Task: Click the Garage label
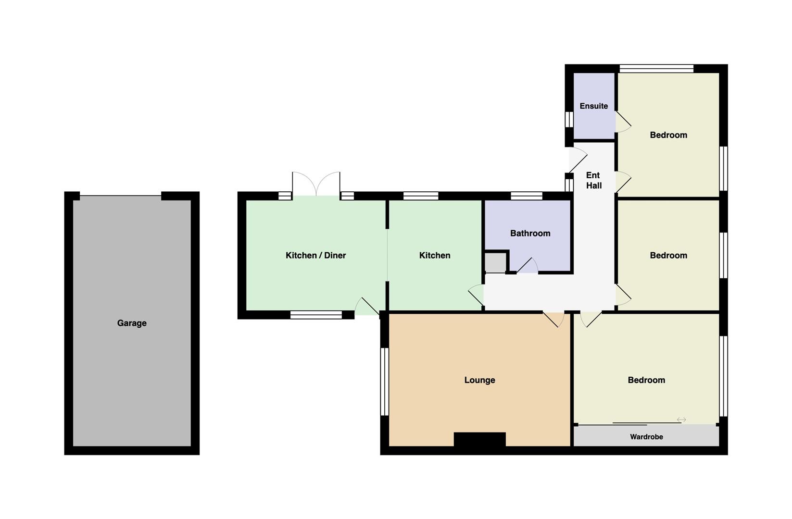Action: tap(132, 323)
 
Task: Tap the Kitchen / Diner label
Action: tap(315, 255)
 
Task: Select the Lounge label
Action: tap(479, 380)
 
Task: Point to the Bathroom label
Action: tap(530, 233)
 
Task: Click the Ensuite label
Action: tap(594, 106)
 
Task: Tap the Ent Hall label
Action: tap(594, 180)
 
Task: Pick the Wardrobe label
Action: tap(646, 437)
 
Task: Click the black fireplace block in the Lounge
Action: tap(479, 439)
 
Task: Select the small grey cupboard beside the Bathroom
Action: tap(495, 262)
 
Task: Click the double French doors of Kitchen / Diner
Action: tap(316, 184)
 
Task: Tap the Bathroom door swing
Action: tap(527, 265)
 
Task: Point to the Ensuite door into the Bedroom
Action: tap(623, 122)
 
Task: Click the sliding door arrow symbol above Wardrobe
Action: tap(681, 420)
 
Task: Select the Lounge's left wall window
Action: tap(384, 382)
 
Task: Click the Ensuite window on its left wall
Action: tap(568, 119)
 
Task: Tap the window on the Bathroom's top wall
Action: tap(527, 196)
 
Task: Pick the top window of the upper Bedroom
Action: tap(656, 69)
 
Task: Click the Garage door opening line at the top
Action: tap(121, 196)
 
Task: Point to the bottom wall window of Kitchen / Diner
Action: tap(316, 315)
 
